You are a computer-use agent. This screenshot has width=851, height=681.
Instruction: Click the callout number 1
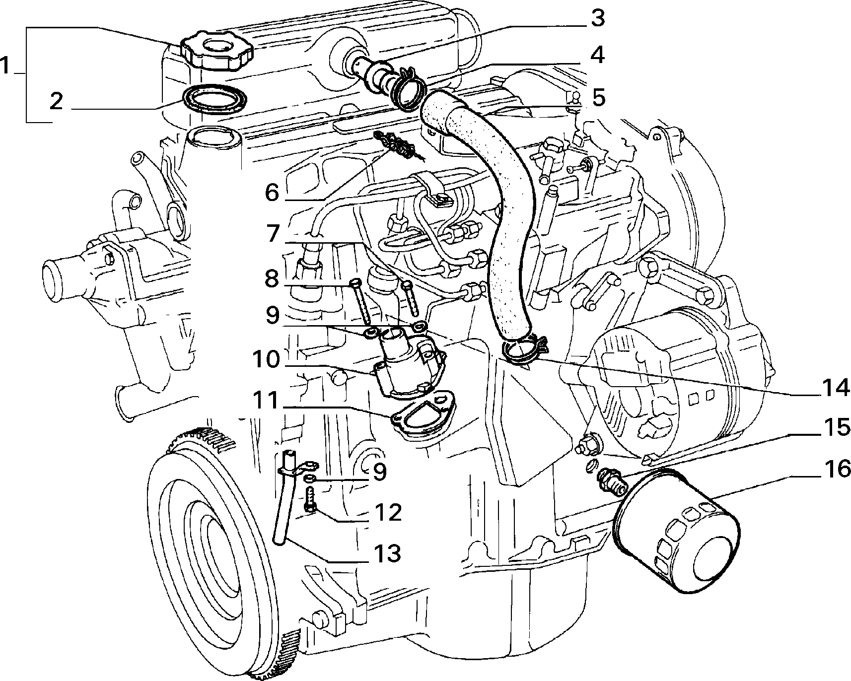click(6, 66)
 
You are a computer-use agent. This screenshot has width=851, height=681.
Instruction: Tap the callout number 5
click(599, 97)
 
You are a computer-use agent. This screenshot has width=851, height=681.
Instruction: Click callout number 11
click(266, 401)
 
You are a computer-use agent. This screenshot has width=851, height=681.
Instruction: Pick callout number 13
click(388, 553)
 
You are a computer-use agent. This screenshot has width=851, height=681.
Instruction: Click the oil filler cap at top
click(217, 50)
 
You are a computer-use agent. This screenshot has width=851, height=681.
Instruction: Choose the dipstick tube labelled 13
click(285, 496)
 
